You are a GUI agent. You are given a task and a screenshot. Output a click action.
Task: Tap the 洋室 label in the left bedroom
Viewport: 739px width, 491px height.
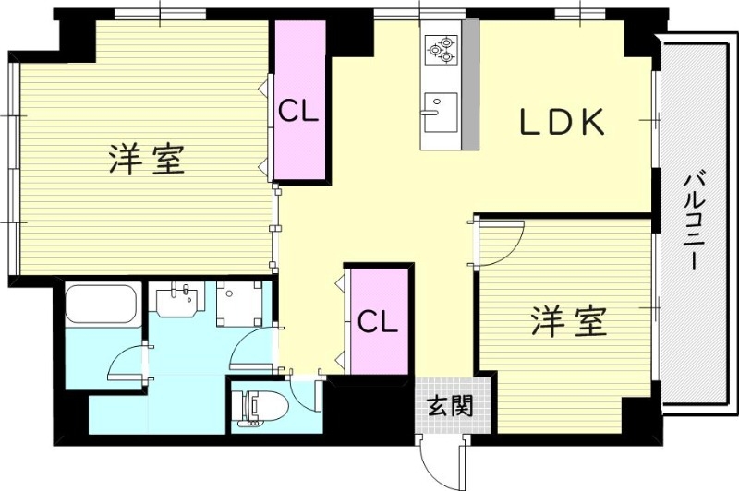pyautogui.click(x=148, y=159)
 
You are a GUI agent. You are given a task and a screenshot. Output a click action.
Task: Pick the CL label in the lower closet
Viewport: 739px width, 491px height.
pyautogui.click(x=377, y=321)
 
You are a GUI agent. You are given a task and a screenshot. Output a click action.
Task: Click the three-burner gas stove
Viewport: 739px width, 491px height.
pyautogui.click(x=442, y=50)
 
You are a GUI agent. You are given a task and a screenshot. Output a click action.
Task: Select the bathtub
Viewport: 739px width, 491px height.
pyautogui.click(x=102, y=304)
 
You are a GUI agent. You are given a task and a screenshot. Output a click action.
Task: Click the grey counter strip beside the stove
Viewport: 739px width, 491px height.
pyautogui.click(x=470, y=83)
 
